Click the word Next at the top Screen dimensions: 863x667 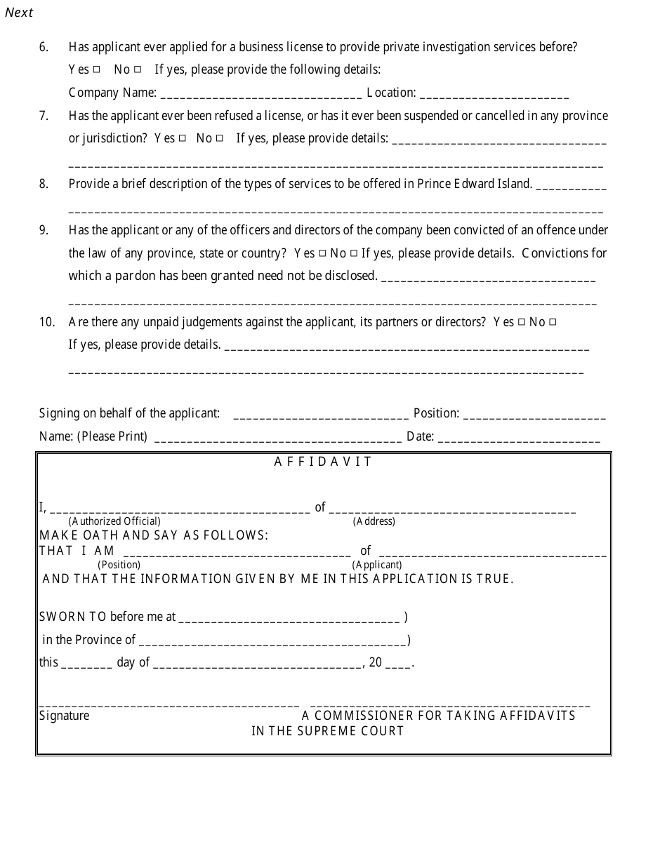pos(19,13)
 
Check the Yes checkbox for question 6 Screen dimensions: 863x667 pos(96,69)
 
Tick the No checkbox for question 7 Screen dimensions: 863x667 pos(220,138)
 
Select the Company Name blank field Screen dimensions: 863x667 pos(261,94)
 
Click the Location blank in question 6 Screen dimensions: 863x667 pos(494,94)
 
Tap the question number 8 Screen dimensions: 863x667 pos(44,184)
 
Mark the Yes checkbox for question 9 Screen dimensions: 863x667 pos(322,253)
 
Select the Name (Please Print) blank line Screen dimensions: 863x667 pos(277,438)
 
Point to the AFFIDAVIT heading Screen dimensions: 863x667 pos(323,462)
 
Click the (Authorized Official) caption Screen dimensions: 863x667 pos(114,521)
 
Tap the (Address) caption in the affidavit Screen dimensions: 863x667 pos(374,521)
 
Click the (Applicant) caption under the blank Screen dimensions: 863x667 pos(377,565)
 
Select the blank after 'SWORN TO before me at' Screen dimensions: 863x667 pos(289,619)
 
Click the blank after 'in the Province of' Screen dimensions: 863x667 pos(272,641)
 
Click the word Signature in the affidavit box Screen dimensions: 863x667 pos(64,716)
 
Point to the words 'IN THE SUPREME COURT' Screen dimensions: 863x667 pos(328,731)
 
